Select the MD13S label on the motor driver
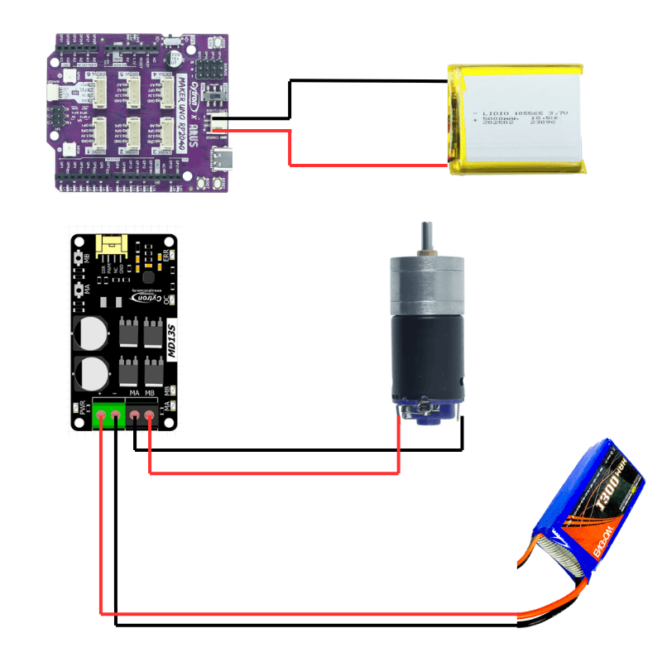point(170,340)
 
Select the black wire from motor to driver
point(298,450)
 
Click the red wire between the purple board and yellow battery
point(289,149)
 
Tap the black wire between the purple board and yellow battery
point(289,99)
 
